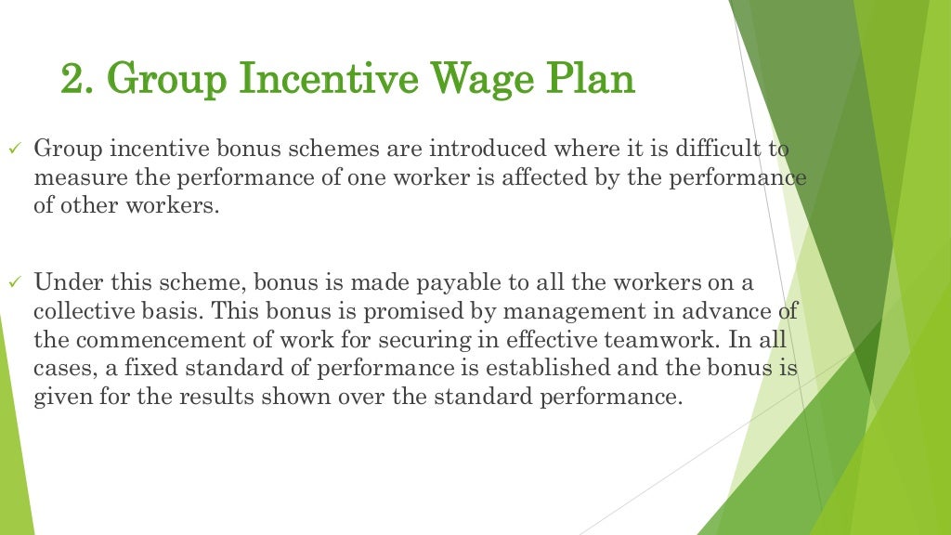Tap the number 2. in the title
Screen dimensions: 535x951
click(77, 80)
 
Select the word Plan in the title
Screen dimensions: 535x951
click(594, 80)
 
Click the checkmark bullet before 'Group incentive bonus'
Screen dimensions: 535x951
click(13, 149)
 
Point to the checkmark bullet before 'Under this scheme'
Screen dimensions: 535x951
click(13, 281)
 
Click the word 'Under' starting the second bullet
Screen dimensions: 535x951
click(63, 281)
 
